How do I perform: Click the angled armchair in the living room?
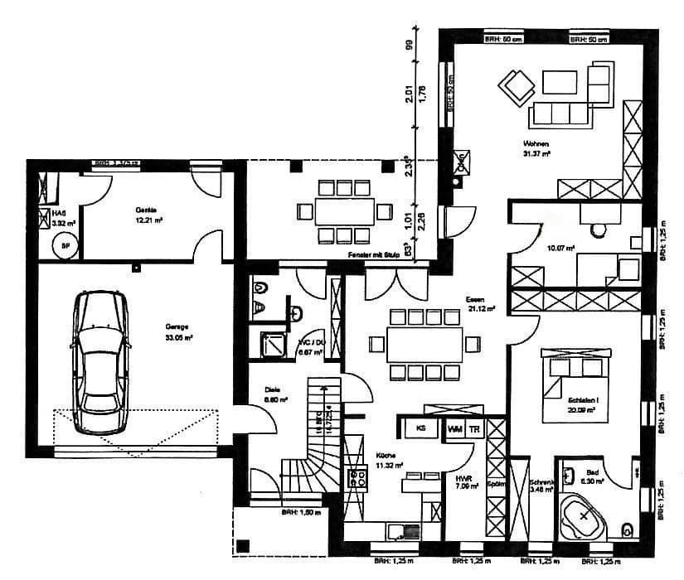(x=517, y=86)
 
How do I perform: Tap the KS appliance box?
(x=420, y=429)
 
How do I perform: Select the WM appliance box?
(x=454, y=429)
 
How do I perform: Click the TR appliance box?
(x=474, y=429)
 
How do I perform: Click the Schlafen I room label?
(x=583, y=404)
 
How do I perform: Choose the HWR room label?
(x=463, y=481)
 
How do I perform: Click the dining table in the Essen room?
(x=426, y=342)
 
